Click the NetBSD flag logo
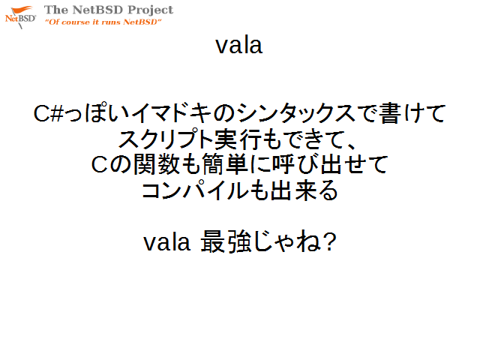click(x=20, y=17)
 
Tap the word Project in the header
click(x=151, y=10)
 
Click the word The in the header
click(x=56, y=10)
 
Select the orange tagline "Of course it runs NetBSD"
click(x=103, y=22)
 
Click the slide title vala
click(x=238, y=46)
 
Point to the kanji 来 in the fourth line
click(x=307, y=190)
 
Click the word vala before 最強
click(x=167, y=242)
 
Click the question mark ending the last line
click(x=329, y=241)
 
